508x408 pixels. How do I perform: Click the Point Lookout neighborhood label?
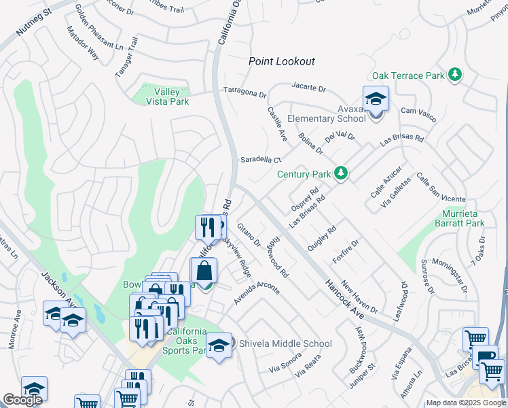coord(281,61)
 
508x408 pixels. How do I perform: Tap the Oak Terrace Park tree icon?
coord(455,75)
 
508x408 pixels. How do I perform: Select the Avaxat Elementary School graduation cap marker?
coord(376,100)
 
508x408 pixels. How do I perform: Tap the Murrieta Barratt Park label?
coord(459,218)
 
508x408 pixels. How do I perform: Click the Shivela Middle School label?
coord(285,343)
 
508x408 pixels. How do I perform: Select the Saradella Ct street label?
coord(260,160)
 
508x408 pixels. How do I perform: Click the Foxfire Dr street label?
coord(345,252)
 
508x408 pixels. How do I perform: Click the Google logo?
coord(22,400)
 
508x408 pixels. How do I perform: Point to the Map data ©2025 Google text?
coord(465,403)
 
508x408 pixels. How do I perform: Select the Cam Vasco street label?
coord(417,111)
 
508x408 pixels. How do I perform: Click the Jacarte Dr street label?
coord(309,88)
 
